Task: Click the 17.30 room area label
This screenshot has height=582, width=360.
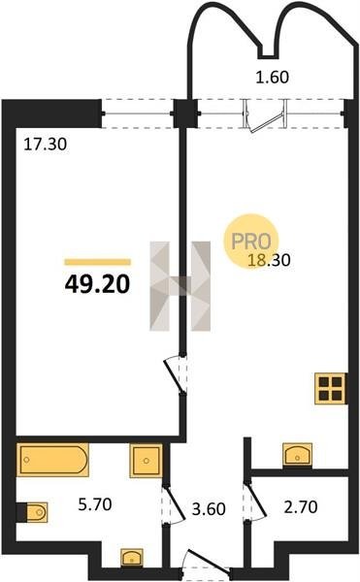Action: tap(46, 144)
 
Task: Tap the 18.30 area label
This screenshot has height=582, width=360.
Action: tap(269, 260)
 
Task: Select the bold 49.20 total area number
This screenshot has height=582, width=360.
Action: tap(97, 284)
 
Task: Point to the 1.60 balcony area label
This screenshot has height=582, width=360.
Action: tap(273, 78)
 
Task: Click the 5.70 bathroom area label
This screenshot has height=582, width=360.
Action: tap(95, 504)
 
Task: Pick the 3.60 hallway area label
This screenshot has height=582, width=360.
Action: tap(209, 509)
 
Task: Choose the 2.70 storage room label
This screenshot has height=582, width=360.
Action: tap(301, 506)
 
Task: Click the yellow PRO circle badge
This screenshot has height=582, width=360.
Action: tap(251, 242)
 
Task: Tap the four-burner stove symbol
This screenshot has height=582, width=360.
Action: tap(331, 388)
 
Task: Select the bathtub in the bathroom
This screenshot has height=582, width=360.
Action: tap(52, 460)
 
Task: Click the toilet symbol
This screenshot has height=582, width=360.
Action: tap(32, 512)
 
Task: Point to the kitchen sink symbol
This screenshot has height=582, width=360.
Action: tap(297, 454)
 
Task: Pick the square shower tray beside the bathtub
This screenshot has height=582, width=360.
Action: tap(146, 461)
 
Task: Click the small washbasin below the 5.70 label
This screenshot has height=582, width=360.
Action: tap(132, 558)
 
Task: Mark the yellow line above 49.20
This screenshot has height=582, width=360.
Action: tap(97, 262)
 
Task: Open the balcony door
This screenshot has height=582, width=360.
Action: tap(265, 115)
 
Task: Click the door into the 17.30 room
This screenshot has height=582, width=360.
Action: tap(175, 374)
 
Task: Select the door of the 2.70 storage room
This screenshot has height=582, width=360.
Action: tap(254, 500)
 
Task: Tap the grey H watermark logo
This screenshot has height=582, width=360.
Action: tap(180, 286)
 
